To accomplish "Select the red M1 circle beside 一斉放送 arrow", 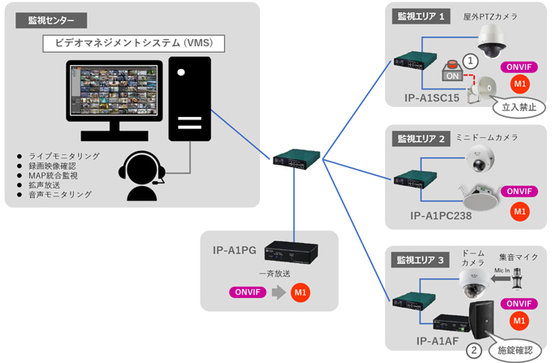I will pyautogui.click(x=300, y=292).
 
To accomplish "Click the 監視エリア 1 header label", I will pyautogui.click(x=420, y=16).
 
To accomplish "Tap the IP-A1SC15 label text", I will pyautogui.click(x=432, y=98).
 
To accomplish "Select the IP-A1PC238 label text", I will pyautogui.click(x=441, y=216).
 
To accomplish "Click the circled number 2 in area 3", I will pyautogui.click(x=473, y=351).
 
